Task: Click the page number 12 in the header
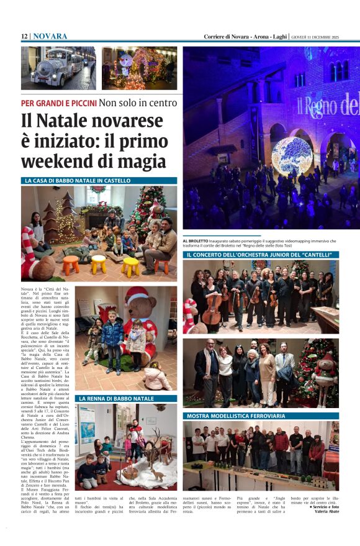click(x=24, y=37)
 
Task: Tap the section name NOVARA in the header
click(x=50, y=37)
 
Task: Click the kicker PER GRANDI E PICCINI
click(x=59, y=102)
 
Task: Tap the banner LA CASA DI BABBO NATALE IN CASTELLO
click(x=78, y=181)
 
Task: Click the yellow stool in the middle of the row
click(x=98, y=263)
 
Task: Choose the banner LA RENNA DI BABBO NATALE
click(x=116, y=398)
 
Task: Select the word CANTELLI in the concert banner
click(x=316, y=255)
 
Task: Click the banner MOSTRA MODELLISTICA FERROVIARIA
click(x=236, y=415)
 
